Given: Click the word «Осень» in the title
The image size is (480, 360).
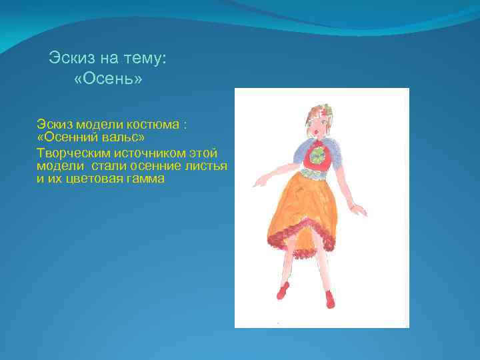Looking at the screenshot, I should [x=108, y=79].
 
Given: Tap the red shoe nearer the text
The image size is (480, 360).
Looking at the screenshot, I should [x=283, y=291].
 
